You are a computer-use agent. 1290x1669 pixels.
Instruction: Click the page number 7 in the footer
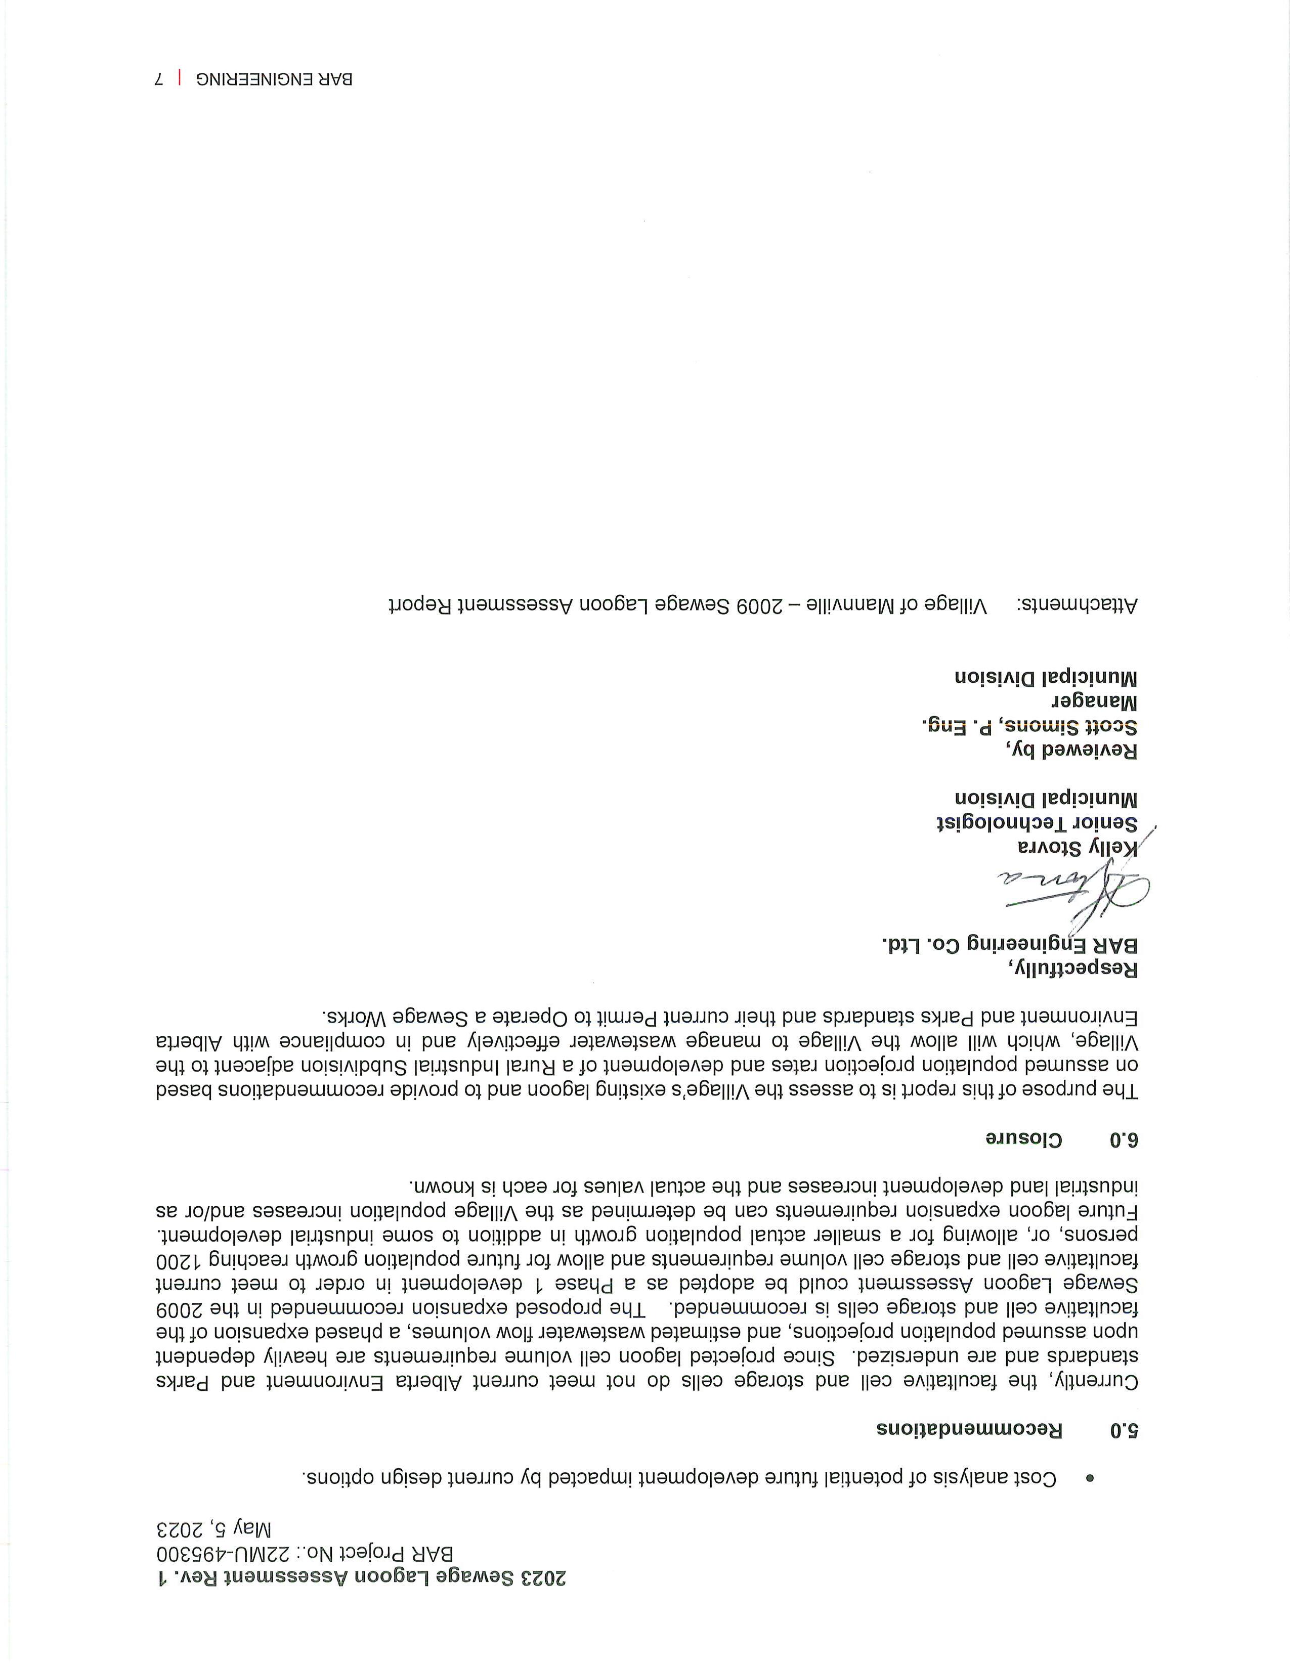159,79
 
